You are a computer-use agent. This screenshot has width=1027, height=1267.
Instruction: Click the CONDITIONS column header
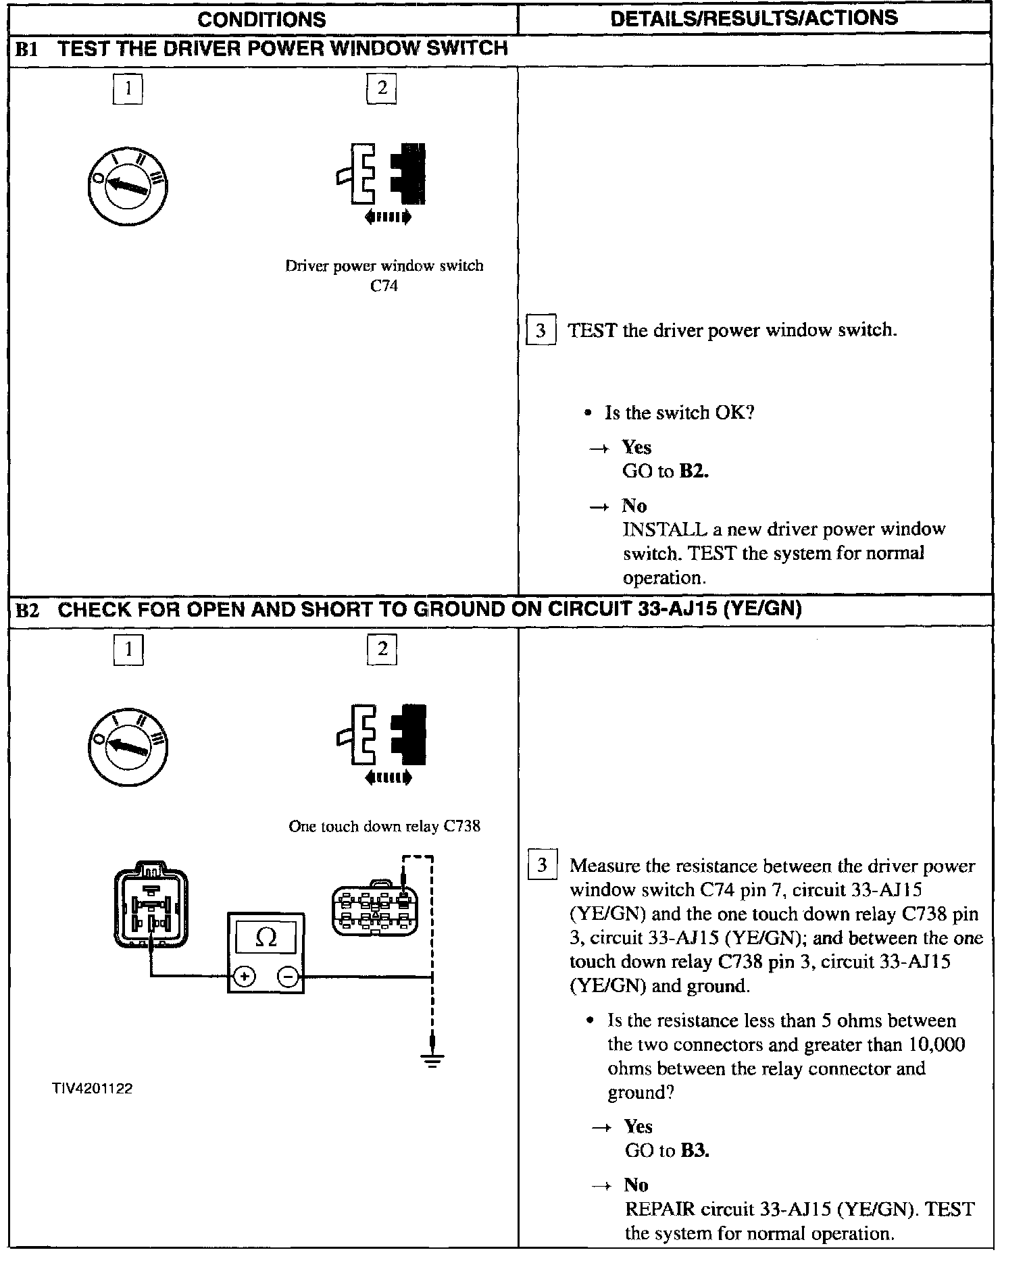(x=261, y=19)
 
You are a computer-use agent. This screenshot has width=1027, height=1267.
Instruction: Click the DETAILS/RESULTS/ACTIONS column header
(x=754, y=18)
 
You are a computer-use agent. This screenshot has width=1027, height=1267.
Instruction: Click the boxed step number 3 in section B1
(x=541, y=330)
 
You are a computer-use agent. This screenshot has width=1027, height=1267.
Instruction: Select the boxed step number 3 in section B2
(x=542, y=865)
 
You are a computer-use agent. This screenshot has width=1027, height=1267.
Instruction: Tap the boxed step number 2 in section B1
(x=382, y=88)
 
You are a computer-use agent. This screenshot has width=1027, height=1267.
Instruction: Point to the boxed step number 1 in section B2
(x=128, y=649)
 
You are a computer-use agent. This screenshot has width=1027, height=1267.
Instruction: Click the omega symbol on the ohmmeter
(x=266, y=937)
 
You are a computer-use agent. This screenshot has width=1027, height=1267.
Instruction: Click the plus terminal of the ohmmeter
(x=245, y=977)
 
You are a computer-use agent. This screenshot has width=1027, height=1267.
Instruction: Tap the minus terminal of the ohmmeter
(x=289, y=977)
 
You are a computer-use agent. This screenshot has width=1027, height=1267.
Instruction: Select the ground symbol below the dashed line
(x=432, y=1061)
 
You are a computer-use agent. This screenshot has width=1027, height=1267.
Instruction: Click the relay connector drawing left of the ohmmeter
(x=151, y=904)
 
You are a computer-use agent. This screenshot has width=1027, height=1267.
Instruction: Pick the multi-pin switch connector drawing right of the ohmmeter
(x=374, y=908)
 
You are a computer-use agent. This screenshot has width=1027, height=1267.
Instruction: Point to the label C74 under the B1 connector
(x=384, y=286)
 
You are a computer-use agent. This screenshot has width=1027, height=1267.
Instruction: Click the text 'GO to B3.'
(x=667, y=1150)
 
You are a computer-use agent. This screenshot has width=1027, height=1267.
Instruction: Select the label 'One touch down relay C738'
(x=384, y=826)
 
